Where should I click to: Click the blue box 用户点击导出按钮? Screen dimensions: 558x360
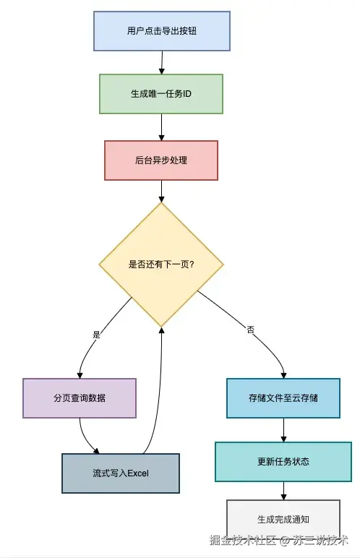point(162,31)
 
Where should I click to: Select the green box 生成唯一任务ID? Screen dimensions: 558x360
point(161,94)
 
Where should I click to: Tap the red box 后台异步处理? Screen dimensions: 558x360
point(161,160)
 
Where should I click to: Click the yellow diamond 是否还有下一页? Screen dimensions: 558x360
point(161,264)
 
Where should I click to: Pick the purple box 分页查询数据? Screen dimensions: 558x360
point(80,398)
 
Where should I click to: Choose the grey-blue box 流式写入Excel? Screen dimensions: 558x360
point(121,473)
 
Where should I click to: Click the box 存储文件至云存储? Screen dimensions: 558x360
point(283,398)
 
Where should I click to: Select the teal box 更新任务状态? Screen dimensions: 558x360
point(283,461)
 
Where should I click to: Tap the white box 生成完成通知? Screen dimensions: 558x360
point(283,519)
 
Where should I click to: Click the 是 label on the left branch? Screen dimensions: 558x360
point(96,335)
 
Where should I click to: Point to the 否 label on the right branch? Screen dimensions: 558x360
point(251,329)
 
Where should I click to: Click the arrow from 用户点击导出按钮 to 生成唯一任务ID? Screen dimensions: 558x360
point(161,62)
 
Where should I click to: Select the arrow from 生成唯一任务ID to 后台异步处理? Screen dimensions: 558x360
point(161,126)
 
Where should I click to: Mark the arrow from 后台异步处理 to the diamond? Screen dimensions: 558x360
point(161,191)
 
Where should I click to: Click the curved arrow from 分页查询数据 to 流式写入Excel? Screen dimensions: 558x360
point(86,438)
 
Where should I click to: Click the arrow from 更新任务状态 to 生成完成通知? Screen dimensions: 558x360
point(283,491)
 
